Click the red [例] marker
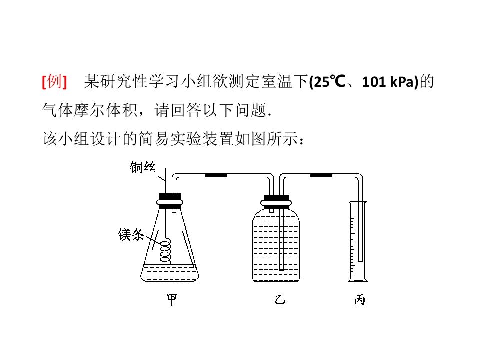54,81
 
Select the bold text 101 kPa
388,82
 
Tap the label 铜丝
142,167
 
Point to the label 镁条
131,235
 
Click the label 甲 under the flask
171,300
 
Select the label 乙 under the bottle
280,300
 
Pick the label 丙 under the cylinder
360,300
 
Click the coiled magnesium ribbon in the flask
165,252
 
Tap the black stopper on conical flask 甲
170,201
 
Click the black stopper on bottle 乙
276,202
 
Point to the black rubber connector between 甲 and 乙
216,175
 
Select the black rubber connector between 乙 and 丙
321,175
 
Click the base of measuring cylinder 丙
358,280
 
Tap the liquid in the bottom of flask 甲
170,273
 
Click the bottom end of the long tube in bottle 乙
281,269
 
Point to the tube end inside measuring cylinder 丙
360,260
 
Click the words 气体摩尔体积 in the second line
90,110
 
